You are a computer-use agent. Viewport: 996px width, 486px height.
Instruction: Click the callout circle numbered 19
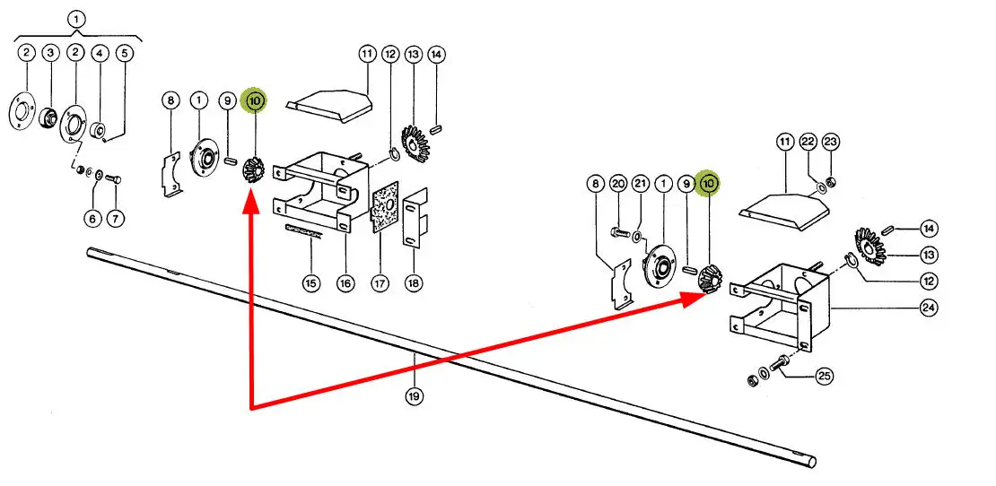414,395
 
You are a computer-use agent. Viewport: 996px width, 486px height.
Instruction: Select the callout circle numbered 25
825,376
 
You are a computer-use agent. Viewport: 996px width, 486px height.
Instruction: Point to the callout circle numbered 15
310,284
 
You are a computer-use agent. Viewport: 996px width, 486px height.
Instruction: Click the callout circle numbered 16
345,284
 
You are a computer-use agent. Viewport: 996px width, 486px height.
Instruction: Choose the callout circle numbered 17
380,284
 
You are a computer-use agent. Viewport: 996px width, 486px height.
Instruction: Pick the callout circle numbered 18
414,284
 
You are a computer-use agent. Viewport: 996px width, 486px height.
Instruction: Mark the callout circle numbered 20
617,184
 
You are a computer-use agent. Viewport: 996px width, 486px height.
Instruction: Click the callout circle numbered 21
640,184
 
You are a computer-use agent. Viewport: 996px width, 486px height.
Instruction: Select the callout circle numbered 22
808,143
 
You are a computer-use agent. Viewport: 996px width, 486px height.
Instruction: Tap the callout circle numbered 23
830,143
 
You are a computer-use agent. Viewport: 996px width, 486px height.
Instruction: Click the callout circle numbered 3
50,54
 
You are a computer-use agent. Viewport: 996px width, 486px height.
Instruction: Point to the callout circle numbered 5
124,54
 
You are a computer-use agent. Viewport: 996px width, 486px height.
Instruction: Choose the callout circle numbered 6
92,218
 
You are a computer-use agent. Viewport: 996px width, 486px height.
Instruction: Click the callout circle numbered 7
115,218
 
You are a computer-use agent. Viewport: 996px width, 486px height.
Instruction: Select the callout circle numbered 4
100,54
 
